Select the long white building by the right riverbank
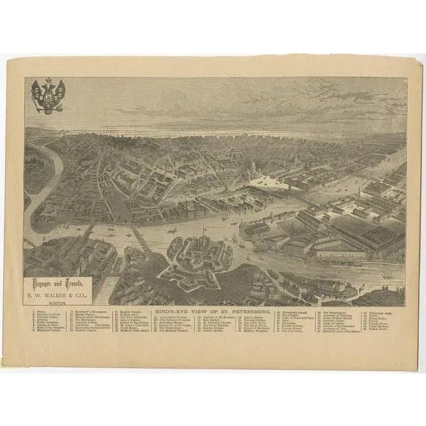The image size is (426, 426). click(339, 251)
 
